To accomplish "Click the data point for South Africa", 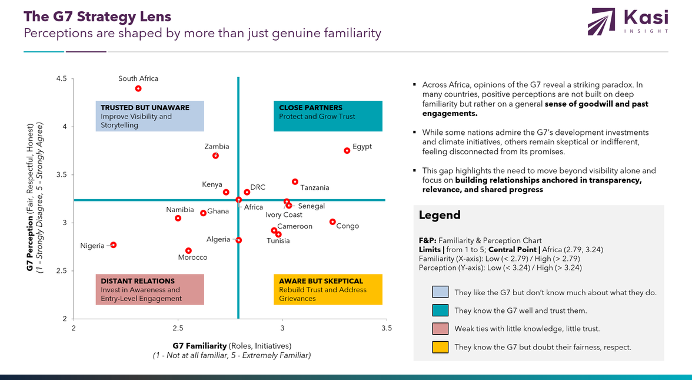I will [x=138, y=88].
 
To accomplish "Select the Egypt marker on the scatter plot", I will [x=347, y=150].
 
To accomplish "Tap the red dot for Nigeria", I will [x=114, y=245].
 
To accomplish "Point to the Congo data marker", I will [x=332, y=222].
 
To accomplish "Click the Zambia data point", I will [x=216, y=156].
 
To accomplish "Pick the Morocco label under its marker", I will [x=192, y=257].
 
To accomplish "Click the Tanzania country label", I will [x=315, y=188].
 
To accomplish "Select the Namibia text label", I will [x=179, y=210].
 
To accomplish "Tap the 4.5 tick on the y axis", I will [x=61, y=79].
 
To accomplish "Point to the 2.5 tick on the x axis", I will [x=178, y=328].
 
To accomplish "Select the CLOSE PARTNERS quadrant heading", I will [x=310, y=108].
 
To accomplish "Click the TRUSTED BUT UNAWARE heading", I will [x=145, y=108].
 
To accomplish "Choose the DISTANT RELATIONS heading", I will [x=138, y=281].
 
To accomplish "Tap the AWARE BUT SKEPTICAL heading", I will [x=321, y=281].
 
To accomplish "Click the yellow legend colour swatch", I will [x=440, y=347].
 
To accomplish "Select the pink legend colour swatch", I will [x=440, y=329].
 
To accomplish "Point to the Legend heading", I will [x=439, y=215].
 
